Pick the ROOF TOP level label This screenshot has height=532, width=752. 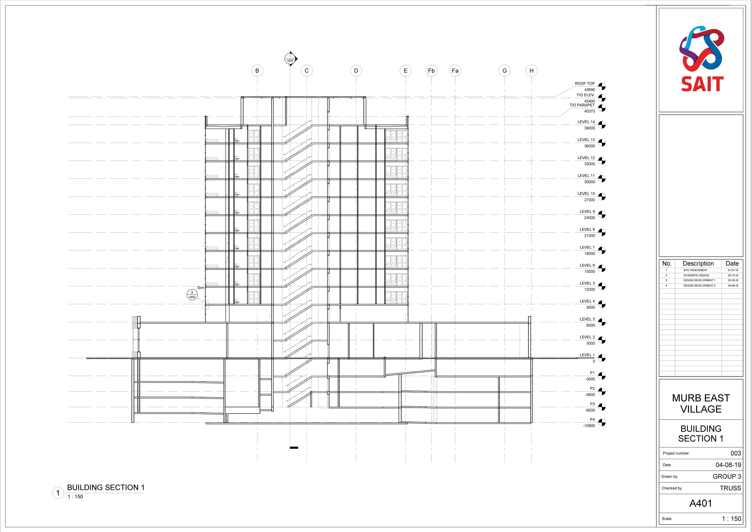click(x=585, y=84)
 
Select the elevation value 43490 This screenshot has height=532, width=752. click(x=590, y=101)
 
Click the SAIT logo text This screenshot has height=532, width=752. click(x=702, y=84)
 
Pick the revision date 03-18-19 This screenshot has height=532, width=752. click(x=733, y=280)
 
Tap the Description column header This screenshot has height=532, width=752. click(x=698, y=263)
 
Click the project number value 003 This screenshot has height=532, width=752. click(x=736, y=453)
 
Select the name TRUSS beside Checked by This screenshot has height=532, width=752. click(x=730, y=488)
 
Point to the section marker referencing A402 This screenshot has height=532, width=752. click(x=290, y=59)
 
